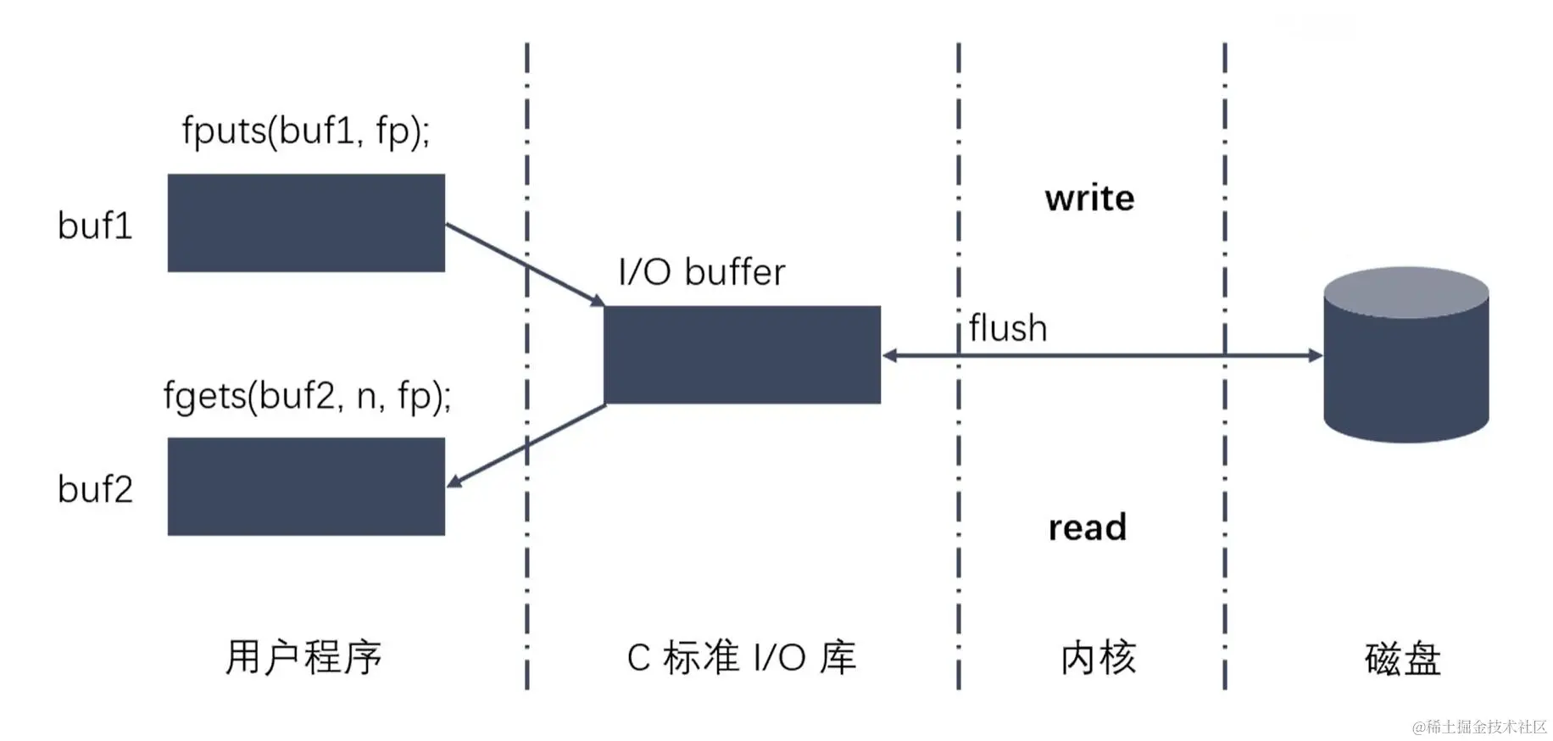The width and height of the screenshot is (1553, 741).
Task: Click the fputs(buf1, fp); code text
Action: pyautogui.click(x=306, y=131)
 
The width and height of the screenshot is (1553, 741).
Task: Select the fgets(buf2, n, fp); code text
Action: pyautogui.click(x=307, y=396)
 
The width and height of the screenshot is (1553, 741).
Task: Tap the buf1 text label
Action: pyautogui.click(x=95, y=226)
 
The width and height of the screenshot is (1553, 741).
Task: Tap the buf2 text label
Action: pyautogui.click(x=95, y=489)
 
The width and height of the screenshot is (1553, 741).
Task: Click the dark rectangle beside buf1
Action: pyautogui.click(x=306, y=223)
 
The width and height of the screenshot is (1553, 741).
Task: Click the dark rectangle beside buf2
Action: pyautogui.click(x=306, y=487)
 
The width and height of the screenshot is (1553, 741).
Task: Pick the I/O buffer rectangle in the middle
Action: pyautogui.click(x=742, y=354)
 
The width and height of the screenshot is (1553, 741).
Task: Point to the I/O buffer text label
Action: pyautogui.click(x=701, y=272)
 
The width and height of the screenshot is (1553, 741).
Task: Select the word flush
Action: pyautogui.click(x=1007, y=328)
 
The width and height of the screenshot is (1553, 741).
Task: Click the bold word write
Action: pyautogui.click(x=1089, y=198)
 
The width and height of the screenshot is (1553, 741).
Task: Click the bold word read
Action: pyautogui.click(x=1087, y=527)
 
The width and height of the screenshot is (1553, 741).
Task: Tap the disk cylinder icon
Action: pyautogui.click(x=1405, y=356)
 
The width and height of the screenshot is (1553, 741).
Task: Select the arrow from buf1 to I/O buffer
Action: pyautogui.click(x=524, y=263)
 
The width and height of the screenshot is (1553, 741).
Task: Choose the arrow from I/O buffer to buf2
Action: pyautogui.click(x=526, y=446)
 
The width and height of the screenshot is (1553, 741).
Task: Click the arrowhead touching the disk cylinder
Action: pyautogui.click(x=1315, y=355)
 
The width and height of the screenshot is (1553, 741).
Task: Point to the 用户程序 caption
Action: pyautogui.click(x=303, y=657)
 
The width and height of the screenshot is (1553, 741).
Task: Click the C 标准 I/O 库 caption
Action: pyautogui.click(x=742, y=658)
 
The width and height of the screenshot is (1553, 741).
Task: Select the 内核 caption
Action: pyautogui.click(x=1098, y=658)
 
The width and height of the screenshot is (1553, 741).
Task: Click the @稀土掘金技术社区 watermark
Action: pyautogui.click(x=1478, y=727)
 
